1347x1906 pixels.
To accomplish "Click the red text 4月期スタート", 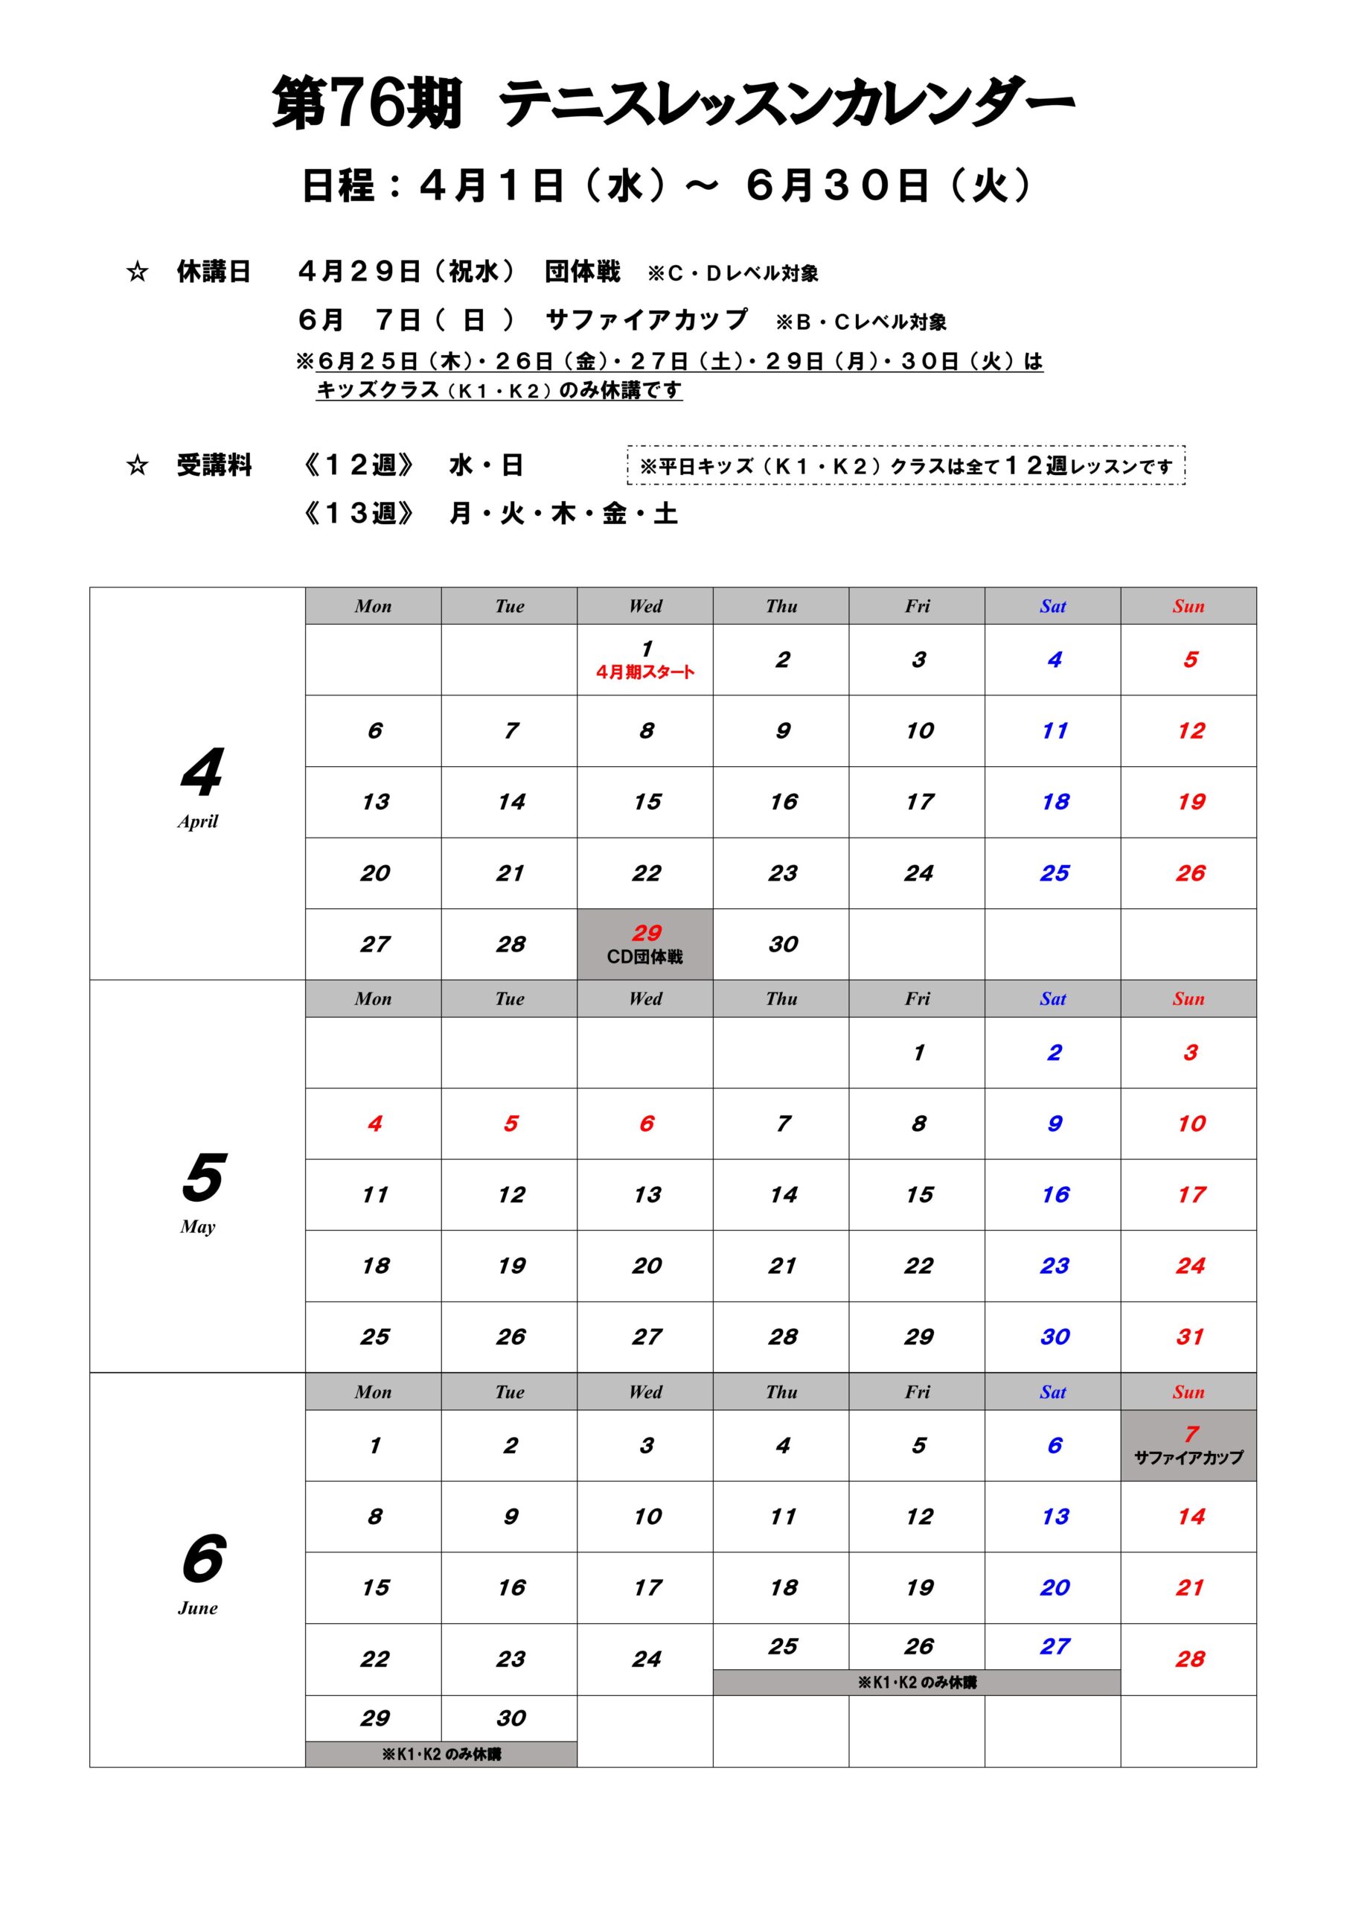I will coord(645,672).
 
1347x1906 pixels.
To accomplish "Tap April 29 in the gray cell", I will coord(646,933).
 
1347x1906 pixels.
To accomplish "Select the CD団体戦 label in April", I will coord(645,957).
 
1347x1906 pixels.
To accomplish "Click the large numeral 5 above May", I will coord(202,1177).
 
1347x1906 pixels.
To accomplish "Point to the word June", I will coord(197,1608).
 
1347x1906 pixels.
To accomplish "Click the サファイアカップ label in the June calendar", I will coord(1188,1458).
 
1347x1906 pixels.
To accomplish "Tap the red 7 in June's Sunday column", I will coord(1191,1435).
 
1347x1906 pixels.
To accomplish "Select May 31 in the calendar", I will coord(1189,1337).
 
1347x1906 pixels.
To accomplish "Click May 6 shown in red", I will coord(647,1124).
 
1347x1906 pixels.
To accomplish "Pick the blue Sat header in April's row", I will coord(1052,607).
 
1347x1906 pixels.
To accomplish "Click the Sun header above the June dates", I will coord(1188,1392).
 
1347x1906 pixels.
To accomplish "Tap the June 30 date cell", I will coord(511,1718).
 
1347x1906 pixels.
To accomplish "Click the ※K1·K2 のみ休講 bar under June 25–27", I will coord(916,1683).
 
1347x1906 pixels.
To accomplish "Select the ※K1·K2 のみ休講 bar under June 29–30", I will coord(441,1754).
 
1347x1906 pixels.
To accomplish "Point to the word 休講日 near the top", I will coord(214,272).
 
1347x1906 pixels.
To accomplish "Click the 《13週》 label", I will coord(358,514).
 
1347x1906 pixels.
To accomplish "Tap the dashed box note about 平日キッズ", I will coord(906,466).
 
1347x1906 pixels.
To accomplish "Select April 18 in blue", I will coord(1055,802).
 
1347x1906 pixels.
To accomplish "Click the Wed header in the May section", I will coord(645,999).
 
